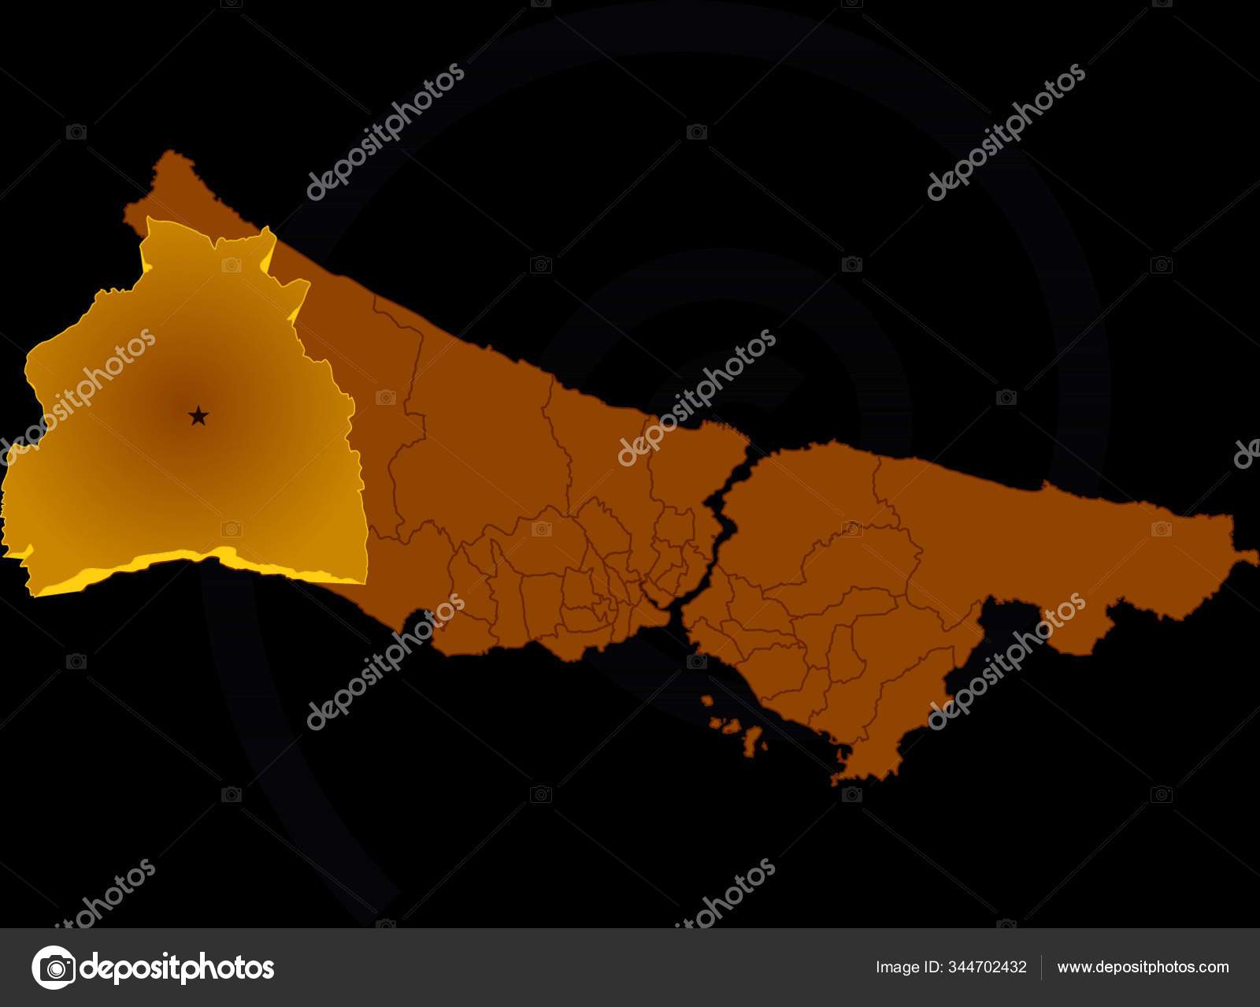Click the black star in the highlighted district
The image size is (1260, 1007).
coord(198,415)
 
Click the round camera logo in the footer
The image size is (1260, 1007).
coord(54,967)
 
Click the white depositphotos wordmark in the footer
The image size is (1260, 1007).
coord(178,967)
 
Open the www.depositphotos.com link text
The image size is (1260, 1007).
coord(1143,967)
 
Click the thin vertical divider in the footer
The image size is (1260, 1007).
coord(1042,967)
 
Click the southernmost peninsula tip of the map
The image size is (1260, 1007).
coord(847,780)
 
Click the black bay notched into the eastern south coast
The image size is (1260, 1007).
coord(1000,630)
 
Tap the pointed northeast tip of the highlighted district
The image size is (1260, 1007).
coord(270,229)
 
